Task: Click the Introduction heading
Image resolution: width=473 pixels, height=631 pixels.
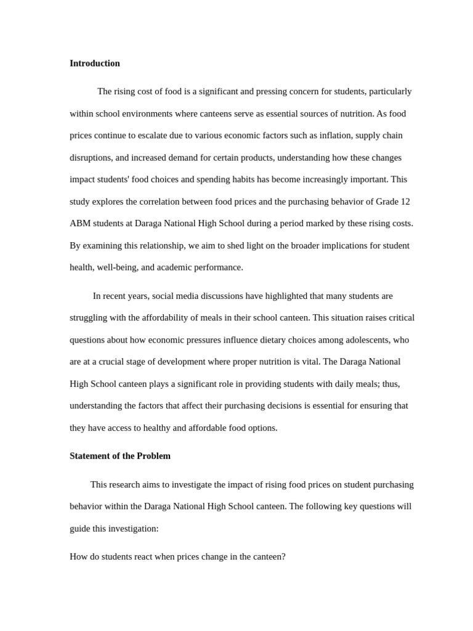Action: point(95,63)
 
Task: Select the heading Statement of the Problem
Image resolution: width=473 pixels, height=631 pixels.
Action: point(120,456)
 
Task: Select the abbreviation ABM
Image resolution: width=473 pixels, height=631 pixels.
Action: point(79,224)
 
